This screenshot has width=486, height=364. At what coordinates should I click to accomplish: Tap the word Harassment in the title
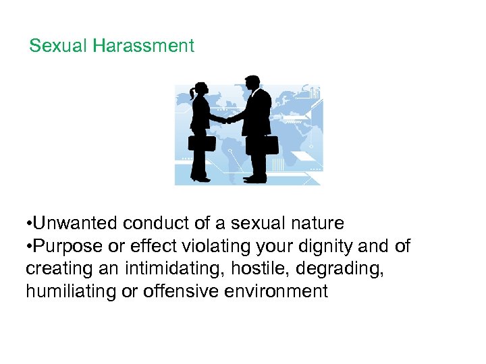(x=143, y=46)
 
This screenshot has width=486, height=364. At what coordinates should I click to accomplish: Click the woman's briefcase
(x=201, y=143)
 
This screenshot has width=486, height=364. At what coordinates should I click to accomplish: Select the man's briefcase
(x=262, y=144)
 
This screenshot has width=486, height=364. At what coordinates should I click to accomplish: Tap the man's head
(x=251, y=83)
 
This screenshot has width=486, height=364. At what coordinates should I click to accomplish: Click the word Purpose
(x=70, y=246)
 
